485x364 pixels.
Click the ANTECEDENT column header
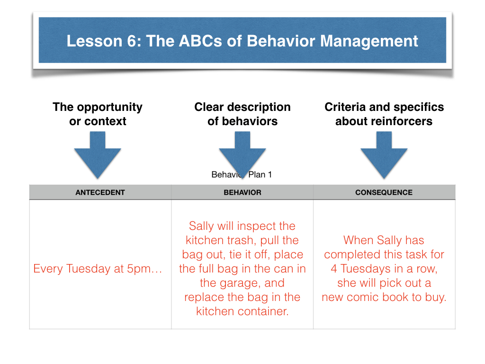[100, 192]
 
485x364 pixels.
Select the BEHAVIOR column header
[242, 192]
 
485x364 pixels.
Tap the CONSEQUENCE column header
[384, 192]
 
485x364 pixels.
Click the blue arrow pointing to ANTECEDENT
[98, 155]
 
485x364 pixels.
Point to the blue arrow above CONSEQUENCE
[384, 155]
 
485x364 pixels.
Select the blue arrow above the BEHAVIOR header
[242, 155]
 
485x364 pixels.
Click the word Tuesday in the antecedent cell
[89, 269]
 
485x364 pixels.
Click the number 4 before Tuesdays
[334, 269]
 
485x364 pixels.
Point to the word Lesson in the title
[95, 41]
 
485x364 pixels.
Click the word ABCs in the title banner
[200, 41]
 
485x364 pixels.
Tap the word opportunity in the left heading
[110, 108]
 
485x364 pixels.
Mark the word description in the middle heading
[259, 108]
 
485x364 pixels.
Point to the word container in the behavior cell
[263, 311]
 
